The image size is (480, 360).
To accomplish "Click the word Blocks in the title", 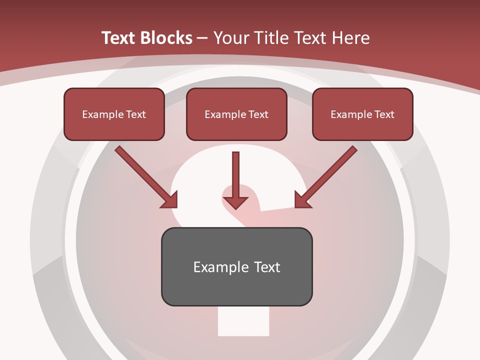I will pos(167,38).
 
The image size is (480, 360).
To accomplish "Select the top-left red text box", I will pos(114,114).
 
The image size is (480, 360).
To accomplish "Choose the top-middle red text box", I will pos(236,114).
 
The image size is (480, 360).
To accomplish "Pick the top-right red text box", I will pos(362,114).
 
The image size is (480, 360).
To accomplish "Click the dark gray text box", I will pos(236,266).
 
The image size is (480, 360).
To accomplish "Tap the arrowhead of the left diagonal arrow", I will pos(170,200).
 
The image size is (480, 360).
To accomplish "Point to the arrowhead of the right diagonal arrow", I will pos(301,200).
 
